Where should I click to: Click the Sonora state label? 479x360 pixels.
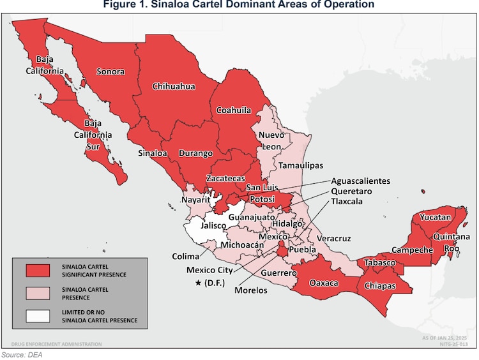(x=110, y=71)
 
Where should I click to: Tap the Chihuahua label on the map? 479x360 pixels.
(x=173, y=86)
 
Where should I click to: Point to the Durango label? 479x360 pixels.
(x=195, y=153)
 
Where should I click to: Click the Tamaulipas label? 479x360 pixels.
(x=297, y=165)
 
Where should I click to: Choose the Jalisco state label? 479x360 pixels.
(x=214, y=225)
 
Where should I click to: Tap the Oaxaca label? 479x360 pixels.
(x=323, y=283)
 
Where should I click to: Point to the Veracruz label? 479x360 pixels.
(x=334, y=238)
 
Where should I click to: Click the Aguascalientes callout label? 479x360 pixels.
(x=360, y=181)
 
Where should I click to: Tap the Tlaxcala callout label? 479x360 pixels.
(x=347, y=201)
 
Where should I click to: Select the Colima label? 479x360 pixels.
(x=186, y=256)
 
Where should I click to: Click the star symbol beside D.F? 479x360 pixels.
(x=200, y=283)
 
